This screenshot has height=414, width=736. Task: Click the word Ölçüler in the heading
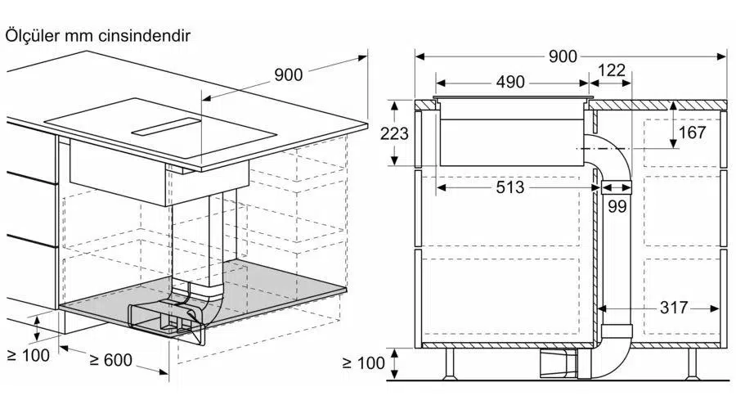click(33, 36)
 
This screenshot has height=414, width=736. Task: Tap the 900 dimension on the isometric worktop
click(288, 74)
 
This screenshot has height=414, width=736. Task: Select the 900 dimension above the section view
click(563, 56)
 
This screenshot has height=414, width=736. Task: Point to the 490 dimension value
click(510, 82)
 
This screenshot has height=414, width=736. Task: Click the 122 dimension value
click(612, 70)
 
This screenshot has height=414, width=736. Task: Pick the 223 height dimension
click(394, 134)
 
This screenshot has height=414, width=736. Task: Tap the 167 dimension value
click(692, 133)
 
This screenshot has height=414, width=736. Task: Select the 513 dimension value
click(509, 187)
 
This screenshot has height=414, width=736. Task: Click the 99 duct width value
click(617, 206)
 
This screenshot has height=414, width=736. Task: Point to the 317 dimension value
click(674, 308)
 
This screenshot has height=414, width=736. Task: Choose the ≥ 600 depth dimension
click(110, 360)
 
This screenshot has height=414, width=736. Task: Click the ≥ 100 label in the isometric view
click(29, 355)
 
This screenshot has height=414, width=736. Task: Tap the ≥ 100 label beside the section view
click(364, 362)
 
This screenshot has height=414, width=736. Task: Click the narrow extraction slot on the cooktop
click(166, 126)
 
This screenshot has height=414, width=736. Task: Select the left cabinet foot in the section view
click(450, 363)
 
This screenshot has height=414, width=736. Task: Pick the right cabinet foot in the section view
click(693, 363)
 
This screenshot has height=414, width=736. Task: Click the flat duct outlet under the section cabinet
click(559, 364)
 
